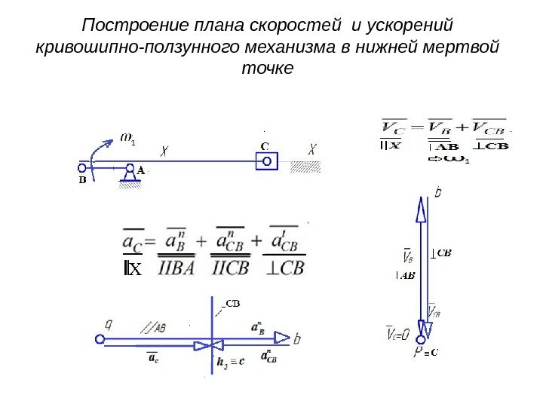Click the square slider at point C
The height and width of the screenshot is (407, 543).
[266, 161]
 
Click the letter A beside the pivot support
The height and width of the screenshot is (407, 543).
[141, 171]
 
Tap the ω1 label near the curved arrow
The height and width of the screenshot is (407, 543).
[128, 138]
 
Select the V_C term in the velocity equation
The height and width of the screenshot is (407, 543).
[394, 127]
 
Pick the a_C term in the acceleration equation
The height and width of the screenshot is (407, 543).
[133, 243]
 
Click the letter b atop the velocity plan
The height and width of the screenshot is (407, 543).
[438, 193]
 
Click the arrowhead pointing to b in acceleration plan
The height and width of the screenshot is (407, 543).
[282, 338]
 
